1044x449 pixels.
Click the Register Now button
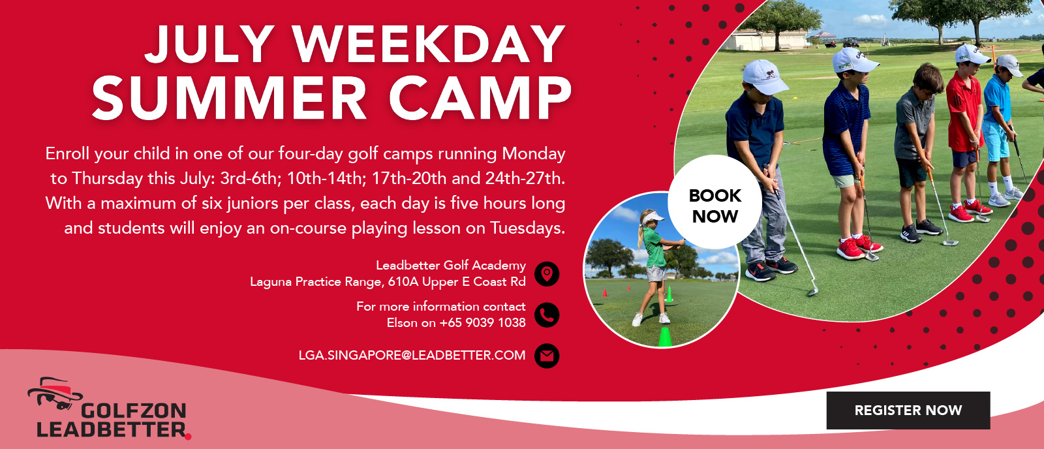(908, 410)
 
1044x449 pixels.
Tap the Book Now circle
(715, 202)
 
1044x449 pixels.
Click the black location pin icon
(547, 273)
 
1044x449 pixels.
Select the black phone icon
(547, 315)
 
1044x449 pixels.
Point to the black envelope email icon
(547, 356)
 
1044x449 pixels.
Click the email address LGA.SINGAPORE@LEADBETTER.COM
(412, 355)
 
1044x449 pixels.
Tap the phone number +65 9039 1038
(482, 322)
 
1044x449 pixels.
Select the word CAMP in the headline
(480, 97)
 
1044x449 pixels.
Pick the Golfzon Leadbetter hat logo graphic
(55, 393)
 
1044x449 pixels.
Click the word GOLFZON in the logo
(134, 410)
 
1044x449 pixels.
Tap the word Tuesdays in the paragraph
(527, 228)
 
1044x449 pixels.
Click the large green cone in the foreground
(665, 337)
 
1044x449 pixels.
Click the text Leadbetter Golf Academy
(451, 266)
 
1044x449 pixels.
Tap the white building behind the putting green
(764, 40)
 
